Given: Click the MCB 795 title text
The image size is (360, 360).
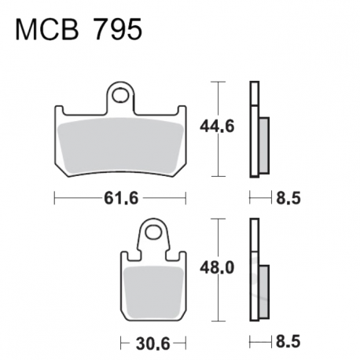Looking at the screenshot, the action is coord(79,30).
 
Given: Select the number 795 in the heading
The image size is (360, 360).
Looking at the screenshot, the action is coord(118,30).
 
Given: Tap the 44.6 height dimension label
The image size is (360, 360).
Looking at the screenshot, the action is coord(217,127).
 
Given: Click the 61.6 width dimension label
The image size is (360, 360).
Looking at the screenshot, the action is coord(121,198).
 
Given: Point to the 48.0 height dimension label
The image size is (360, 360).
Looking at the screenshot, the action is coord(217,268).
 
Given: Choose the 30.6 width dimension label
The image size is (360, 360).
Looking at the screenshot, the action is coord(153,343).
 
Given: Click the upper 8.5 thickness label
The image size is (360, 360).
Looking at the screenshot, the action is coord(288,198).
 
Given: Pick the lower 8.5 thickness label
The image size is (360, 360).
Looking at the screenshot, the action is coord(288,342).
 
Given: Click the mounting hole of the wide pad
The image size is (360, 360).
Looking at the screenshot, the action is coord(120,95).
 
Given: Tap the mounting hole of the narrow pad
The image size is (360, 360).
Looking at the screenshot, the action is coord(153,232).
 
